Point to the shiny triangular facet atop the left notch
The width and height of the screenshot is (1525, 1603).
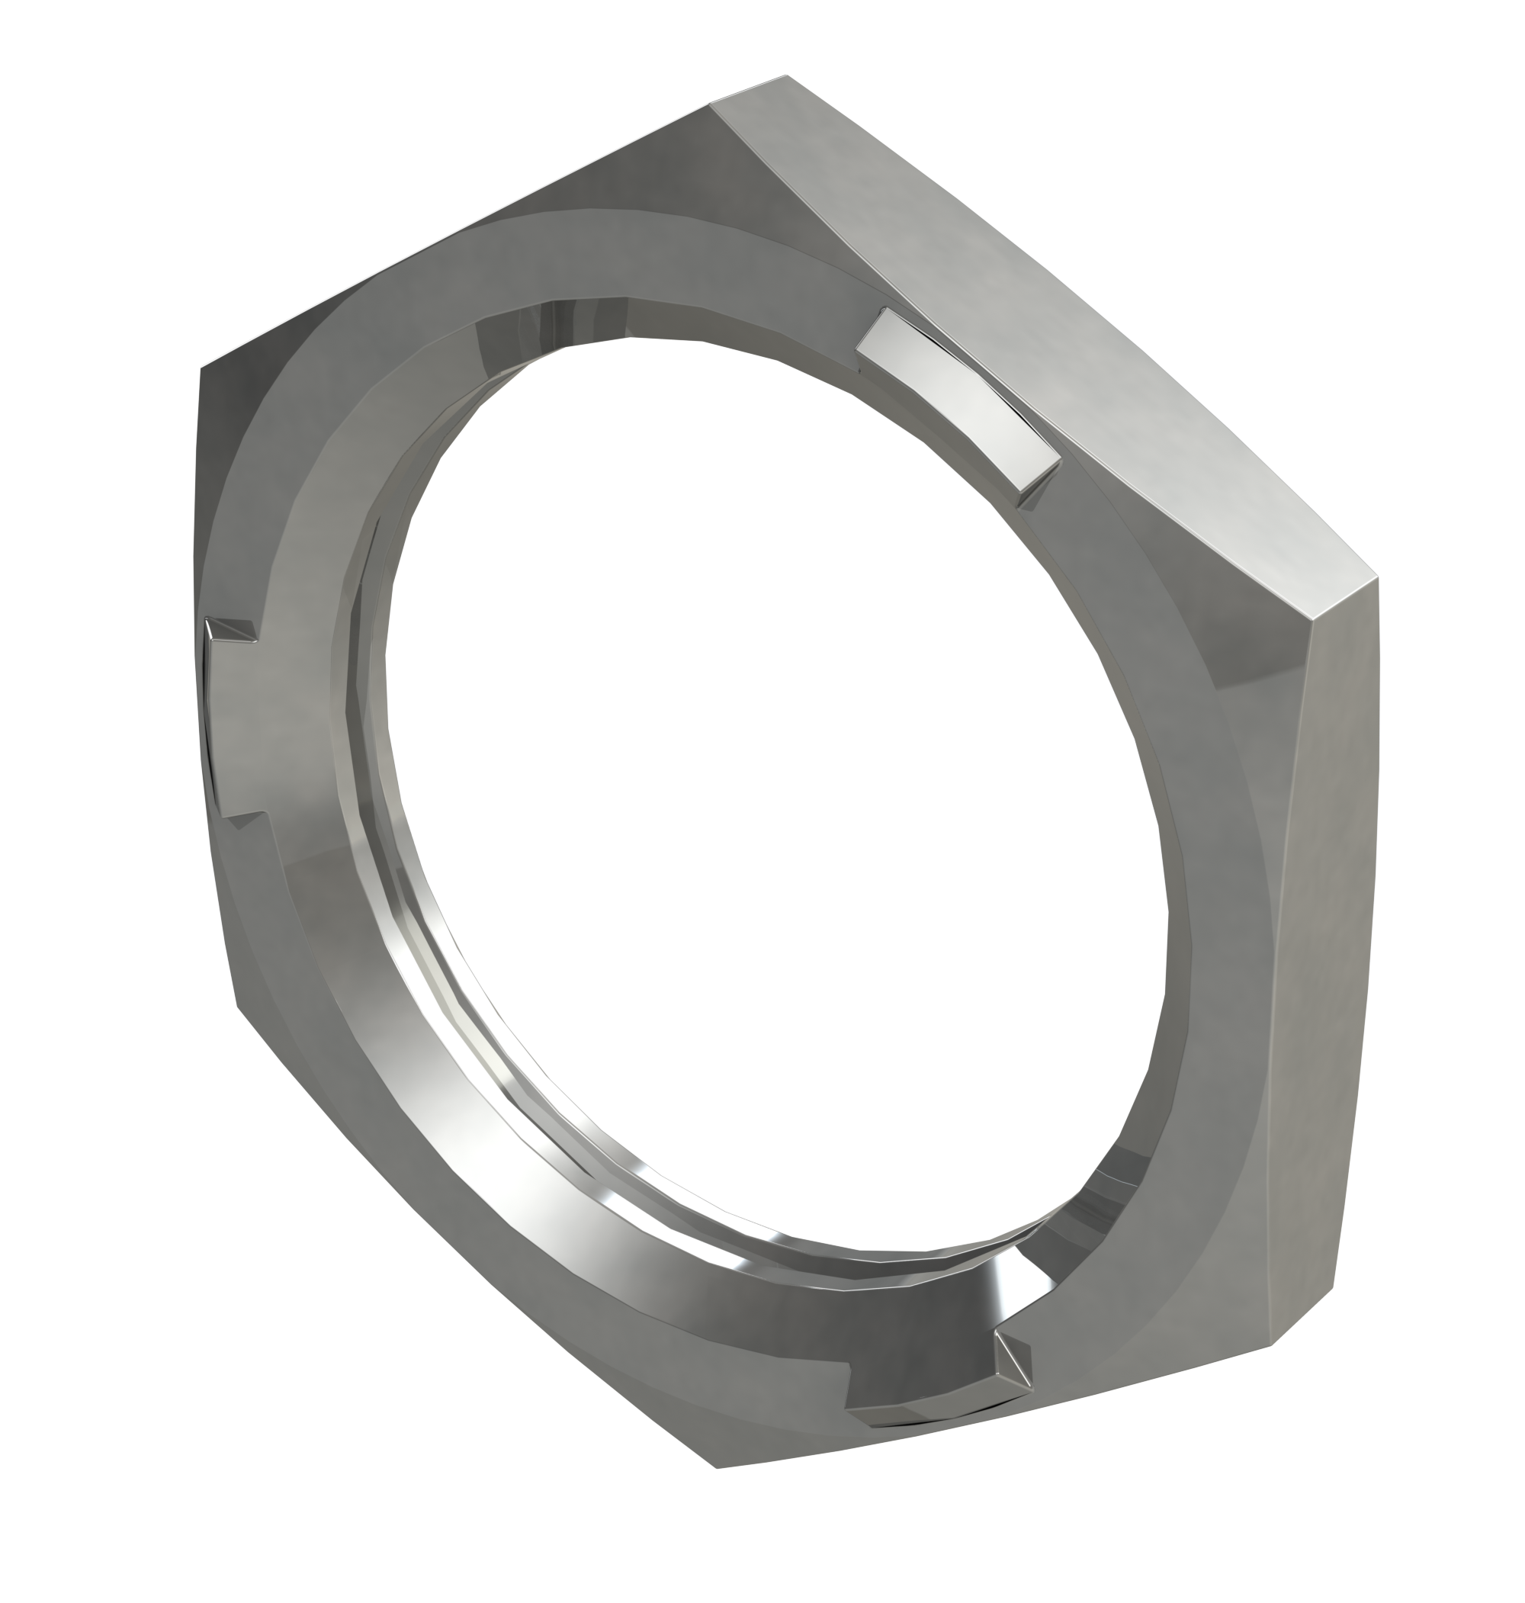(x=230, y=628)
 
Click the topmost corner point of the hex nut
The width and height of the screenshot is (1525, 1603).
(x=787, y=75)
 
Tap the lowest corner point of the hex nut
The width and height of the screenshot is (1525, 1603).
(x=716, y=1468)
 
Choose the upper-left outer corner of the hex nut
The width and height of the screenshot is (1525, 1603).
(x=201, y=368)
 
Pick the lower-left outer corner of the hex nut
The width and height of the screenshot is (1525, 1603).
(x=237, y=1007)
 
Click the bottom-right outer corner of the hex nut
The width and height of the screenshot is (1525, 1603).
(x=1333, y=1287)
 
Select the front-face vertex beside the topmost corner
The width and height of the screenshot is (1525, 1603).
(x=711, y=103)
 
